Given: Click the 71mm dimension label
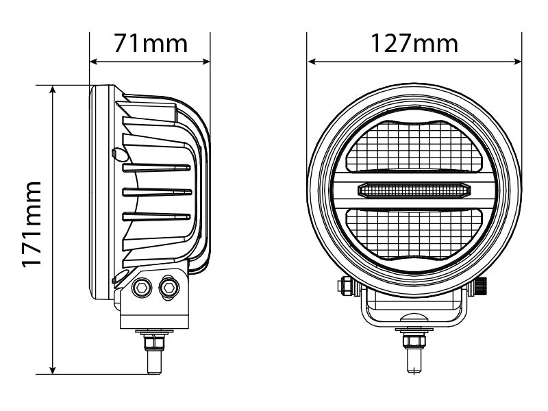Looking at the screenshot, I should click(x=150, y=43).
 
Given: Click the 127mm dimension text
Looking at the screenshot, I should click(x=414, y=43).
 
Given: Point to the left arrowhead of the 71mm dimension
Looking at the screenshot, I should click(x=94, y=62).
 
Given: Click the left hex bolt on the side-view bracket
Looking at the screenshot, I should click(x=142, y=288).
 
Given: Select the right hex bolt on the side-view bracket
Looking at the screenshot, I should click(x=167, y=288).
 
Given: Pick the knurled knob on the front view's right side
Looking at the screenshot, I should click(x=483, y=286).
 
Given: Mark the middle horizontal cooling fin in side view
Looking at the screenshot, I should click(x=156, y=192).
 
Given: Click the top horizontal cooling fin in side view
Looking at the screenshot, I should click(x=156, y=167).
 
